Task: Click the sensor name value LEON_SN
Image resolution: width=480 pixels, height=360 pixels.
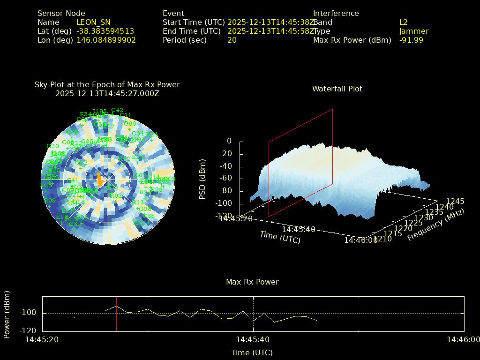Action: pos(93,22)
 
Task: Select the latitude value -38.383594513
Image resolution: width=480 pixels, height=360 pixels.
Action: pos(105,31)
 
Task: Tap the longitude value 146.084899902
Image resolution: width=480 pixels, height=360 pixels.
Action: pos(106,40)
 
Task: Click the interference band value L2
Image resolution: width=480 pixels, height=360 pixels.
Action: pos(403,22)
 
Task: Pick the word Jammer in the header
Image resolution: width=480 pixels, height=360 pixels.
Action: pos(413,31)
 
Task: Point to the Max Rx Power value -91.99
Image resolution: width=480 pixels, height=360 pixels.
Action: pos(411,40)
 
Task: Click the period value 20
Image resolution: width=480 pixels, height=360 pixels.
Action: pos(232,40)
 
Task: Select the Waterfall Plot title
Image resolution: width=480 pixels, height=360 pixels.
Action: pos(337,89)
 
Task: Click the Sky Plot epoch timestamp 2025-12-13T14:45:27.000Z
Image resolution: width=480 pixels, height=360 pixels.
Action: pos(107,93)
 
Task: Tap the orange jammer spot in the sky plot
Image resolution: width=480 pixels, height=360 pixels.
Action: pos(99,180)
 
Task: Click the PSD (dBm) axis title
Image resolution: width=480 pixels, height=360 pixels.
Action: pos(202,179)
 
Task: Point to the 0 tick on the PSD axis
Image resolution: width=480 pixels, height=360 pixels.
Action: pos(229,141)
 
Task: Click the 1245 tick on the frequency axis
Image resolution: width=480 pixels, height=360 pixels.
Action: pos(455,201)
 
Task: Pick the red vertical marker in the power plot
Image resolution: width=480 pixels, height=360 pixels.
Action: pos(116,314)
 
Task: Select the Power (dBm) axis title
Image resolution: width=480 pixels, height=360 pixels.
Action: pos(7,314)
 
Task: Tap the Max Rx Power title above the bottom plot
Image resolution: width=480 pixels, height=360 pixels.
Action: pos(252,282)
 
